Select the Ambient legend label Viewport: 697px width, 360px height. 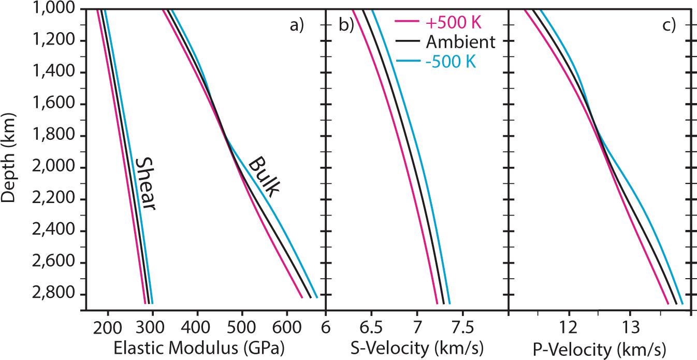click(461, 42)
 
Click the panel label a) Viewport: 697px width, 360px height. click(297, 25)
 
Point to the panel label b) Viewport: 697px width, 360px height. click(346, 25)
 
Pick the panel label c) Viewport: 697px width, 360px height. click(669, 25)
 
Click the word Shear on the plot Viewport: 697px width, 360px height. click(144, 184)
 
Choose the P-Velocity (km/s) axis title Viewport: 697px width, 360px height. click(601, 348)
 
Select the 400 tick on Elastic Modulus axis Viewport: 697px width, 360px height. click(197, 328)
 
